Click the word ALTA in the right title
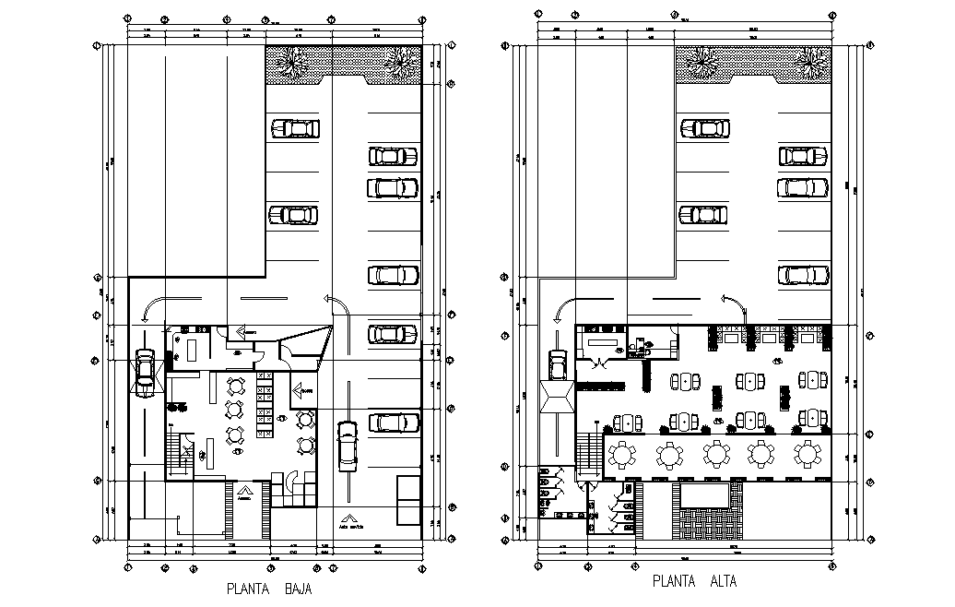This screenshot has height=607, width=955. (724, 582)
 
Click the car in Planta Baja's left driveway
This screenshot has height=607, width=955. (145, 371)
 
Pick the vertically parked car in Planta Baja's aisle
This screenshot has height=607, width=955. (347, 446)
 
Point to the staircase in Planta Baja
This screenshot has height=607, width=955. (176, 455)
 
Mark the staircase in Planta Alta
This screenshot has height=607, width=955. (587, 456)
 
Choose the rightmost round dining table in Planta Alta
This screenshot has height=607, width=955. (808, 455)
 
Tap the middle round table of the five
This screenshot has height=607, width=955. (716, 455)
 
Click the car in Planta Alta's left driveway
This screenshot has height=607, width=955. (557, 364)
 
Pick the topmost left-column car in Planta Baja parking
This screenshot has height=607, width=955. (295, 128)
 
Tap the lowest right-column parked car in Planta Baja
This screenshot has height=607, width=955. (394, 423)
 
